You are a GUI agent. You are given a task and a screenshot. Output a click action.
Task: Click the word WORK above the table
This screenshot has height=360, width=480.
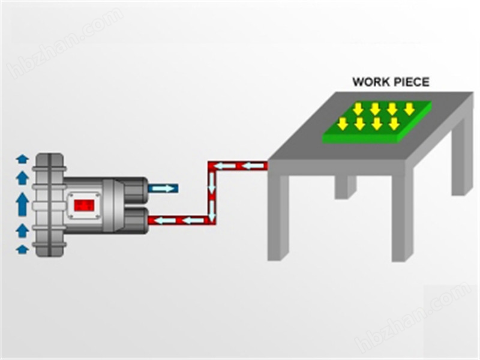[x=367, y=82]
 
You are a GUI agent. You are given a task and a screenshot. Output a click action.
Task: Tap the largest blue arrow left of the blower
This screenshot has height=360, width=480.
[x=22, y=204]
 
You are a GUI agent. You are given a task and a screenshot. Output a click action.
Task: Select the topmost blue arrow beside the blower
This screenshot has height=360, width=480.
[x=22, y=159]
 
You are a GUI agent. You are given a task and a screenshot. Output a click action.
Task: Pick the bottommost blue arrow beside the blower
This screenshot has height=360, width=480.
[x=22, y=248]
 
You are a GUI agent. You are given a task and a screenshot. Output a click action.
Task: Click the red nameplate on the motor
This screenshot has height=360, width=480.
[x=84, y=205]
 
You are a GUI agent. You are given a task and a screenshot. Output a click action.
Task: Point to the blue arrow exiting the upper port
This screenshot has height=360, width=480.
[x=163, y=188]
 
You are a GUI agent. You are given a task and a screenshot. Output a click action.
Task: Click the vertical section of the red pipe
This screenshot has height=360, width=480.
[x=212, y=192]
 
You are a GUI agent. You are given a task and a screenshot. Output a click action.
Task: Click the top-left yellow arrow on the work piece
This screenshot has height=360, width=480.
[x=358, y=109]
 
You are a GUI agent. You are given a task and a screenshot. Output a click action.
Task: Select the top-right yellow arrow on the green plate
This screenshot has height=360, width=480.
[x=409, y=109]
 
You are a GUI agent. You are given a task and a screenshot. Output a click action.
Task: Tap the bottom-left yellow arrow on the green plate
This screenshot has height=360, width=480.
[x=342, y=124]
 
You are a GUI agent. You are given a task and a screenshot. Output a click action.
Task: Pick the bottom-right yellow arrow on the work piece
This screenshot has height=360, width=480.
[x=394, y=124]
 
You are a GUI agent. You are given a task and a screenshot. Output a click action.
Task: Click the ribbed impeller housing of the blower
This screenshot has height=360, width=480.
[x=49, y=204]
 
